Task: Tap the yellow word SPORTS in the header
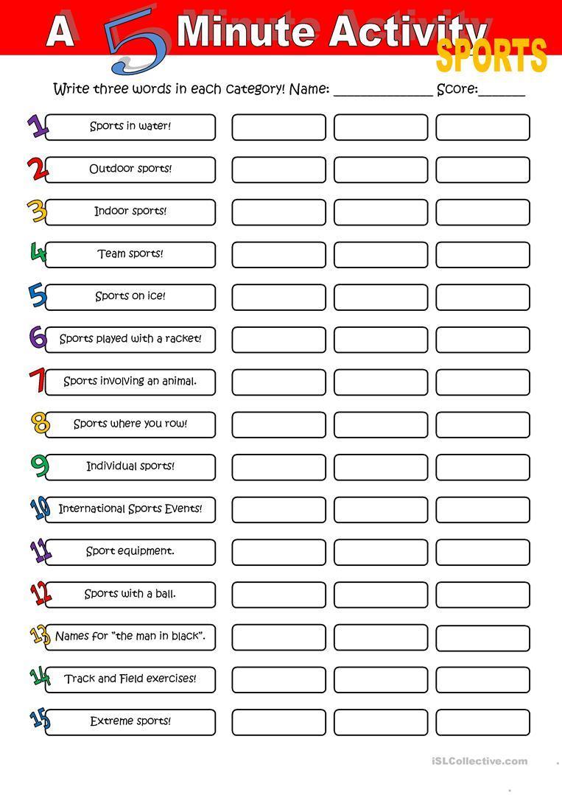(491, 57)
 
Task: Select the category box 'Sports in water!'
(130, 127)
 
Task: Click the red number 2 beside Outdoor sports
(37, 169)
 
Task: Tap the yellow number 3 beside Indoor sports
(37, 211)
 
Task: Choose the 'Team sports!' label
(130, 254)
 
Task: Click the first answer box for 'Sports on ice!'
(278, 297)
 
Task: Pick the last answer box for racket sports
(482, 340)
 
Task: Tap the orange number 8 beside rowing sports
(40, 424)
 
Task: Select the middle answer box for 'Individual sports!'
(380, 467)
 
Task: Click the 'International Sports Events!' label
(130, 509)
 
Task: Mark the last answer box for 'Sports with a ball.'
(482, 595)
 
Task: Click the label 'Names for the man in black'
(130, 637)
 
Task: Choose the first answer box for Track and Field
(278, 680)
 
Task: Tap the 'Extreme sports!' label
(130, 722)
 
